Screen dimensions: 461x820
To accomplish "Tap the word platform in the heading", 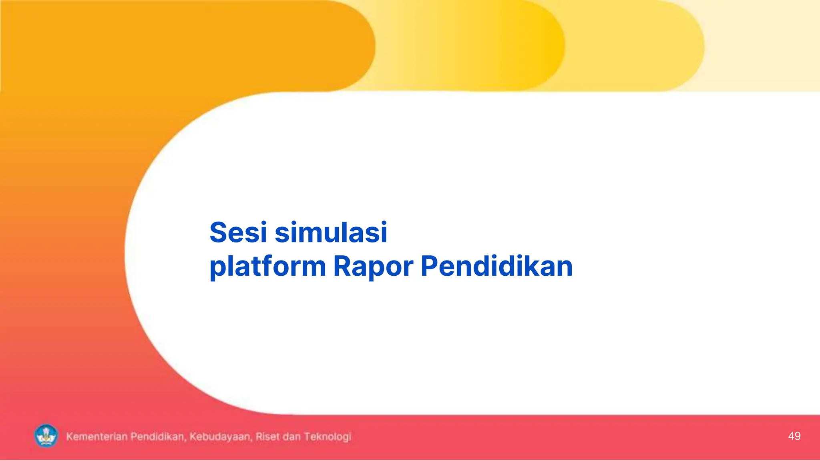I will pos(267,267).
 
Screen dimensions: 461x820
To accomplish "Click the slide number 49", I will pos(794,436).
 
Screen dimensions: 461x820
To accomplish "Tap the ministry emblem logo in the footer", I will pos(46,436).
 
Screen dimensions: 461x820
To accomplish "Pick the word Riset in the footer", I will pos(267,437).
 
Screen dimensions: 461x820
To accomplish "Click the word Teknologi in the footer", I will pos(327,437).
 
